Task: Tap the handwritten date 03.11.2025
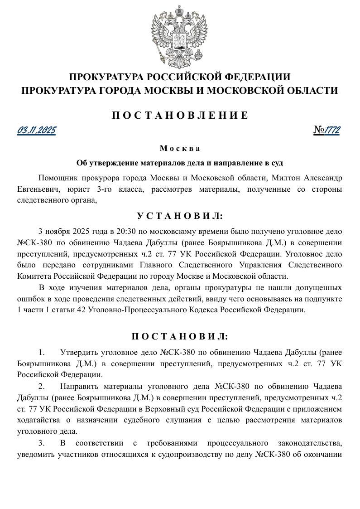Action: [x=37, y=131]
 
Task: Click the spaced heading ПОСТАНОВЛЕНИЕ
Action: [x=180, y=115]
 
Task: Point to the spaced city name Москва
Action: [x=180, y=149]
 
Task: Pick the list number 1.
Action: [x=42, y=352]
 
